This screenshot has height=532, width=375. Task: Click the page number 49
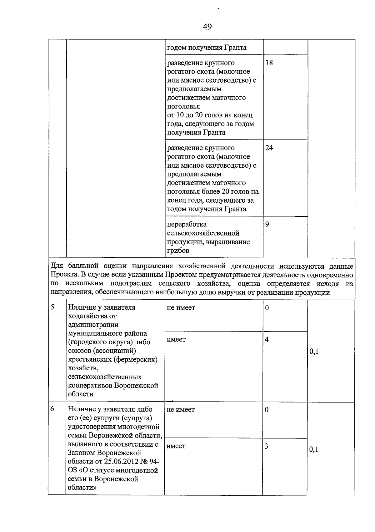[x=207, y=27]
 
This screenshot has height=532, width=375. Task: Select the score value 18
[x=269, y=63]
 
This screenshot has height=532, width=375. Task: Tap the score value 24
[x=269, y=148]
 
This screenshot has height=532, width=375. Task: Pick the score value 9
[x=267, y=225]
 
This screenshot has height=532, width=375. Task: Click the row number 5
[x=53, y=307]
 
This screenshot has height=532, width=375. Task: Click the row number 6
[x=52, y=409]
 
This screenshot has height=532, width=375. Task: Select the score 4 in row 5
[x=267, y=339]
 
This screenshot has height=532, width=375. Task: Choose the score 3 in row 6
[x=267, y=446]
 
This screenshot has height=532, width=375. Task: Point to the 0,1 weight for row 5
[x=314, y=352]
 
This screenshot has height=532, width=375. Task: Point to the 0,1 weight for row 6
[x=314, y=450]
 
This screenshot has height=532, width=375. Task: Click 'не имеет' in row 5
[x=181, y=308]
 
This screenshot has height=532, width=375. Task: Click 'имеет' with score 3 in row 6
[x=176, y=446]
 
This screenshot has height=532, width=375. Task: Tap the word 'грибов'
[x=178, y=251]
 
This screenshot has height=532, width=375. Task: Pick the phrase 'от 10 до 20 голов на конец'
[x=210, y=115]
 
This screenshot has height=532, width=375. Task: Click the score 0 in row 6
[x=267, y=410]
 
